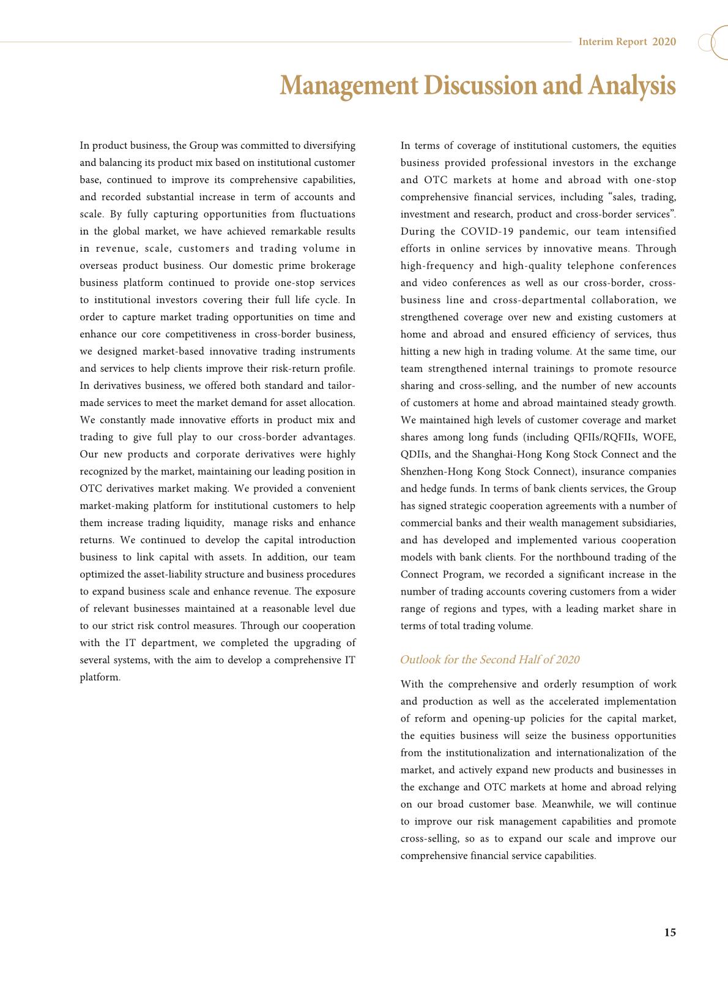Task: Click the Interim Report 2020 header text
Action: click(627, 42)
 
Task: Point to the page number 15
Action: click(670, 933)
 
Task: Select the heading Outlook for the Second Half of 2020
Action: click(489, 660)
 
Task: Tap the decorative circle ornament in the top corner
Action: click(715, 42)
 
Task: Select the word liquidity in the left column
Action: click(206, 523)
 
